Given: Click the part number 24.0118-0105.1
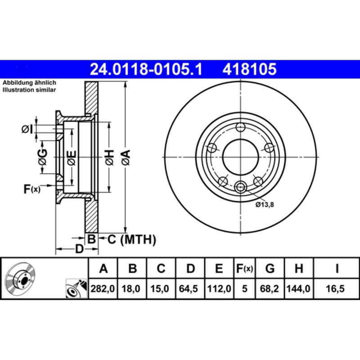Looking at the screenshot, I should coord(147,69).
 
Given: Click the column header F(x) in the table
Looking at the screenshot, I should coord(245,269).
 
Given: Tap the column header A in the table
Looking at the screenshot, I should coord(104,269).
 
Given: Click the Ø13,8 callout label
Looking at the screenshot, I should coord(265,205).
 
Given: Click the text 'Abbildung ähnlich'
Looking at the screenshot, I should coord(29,83).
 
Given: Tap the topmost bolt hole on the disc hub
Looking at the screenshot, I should coord(241,127).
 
